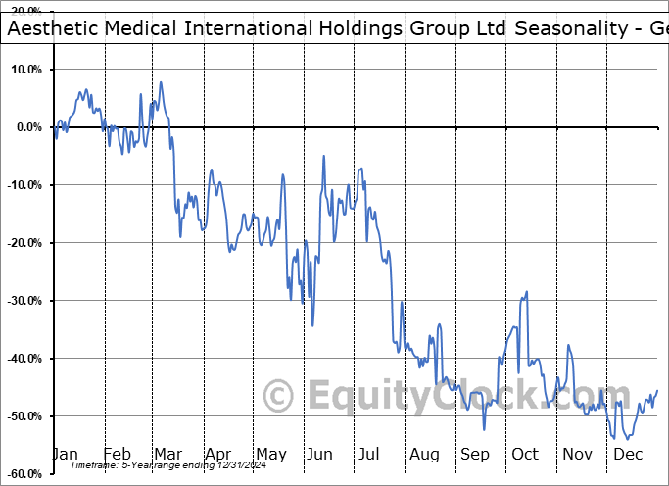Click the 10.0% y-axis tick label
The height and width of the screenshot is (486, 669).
pyautogui.click(x=27, y=71)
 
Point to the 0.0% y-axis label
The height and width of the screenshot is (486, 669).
pyautogui.click(x=29, y=127)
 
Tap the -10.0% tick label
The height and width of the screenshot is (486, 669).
pyautogui.click(x=26, y=185)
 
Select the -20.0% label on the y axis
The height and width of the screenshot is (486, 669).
pyautogui.click(x=26, y=243)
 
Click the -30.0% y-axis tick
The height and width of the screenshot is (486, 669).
pyautogui.click(x=26, y=301)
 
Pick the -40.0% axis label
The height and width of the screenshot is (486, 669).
pyautogui.click(x=26, y=359)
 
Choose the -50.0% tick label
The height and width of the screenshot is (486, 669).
pyautogui.click(x=26, y=416)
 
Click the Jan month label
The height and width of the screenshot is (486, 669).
pyautogui.click(x=65, y=454)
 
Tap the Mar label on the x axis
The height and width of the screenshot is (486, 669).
pyautogui.click(x=167, y=454)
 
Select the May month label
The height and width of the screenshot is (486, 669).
pyautogui.click(x=270, y=454)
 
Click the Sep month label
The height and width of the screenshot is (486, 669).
pyautogui.click(x=475, y=454)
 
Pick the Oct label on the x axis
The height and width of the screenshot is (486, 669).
pyautogui.click(x=526, y=454)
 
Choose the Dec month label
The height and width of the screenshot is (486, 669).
pyautogui.click(x=629, y=454)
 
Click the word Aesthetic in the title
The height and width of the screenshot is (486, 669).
pyautogui.click(x=50, y=28)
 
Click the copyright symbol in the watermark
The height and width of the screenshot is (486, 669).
pyautogui.click(x=279, y=397)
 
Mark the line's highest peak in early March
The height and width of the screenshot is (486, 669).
pyautogui.click(x=160, y=82)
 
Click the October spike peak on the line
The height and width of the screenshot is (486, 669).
pyautogui.click(x=527, y=291)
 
